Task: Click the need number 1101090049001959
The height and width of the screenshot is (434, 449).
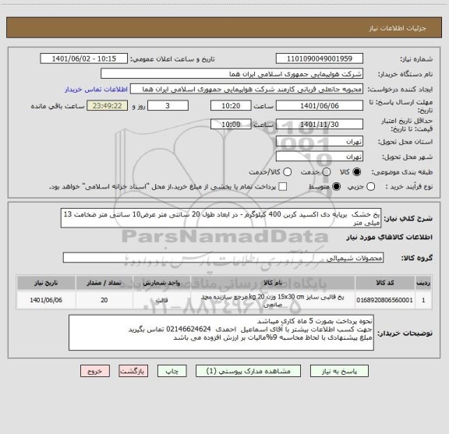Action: [x=320, y=58]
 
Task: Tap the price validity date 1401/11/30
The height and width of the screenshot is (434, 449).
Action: [x=320, y=124]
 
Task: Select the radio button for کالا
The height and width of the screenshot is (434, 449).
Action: [x=358, y=171]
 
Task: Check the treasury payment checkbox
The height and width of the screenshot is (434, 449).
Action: [x=283, y=187]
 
